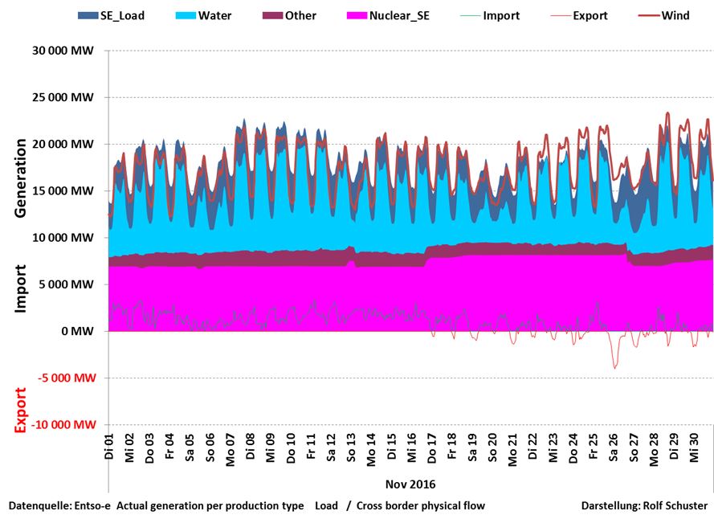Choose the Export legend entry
coord(590,15)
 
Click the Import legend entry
coord(501,15)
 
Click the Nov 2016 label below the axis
coord(410,484)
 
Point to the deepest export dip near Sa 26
coord(615,368)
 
